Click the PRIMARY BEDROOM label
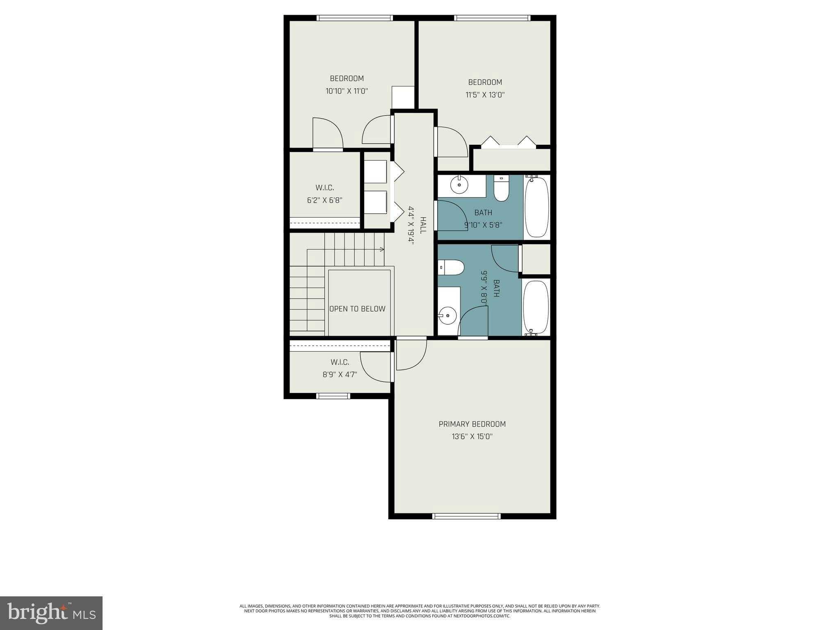pos(472,424)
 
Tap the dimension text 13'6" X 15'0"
pos(472,437)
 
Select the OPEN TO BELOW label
pos(357,309)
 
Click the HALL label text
pos(423,225)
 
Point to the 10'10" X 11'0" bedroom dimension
pos(347,91)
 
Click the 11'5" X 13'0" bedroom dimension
pos(485,95)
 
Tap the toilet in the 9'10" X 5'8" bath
pos(501,189)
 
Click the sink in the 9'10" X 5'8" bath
pos(459,185)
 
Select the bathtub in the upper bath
pos(537,207)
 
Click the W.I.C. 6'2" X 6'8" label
pos(324,194)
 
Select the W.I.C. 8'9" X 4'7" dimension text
pos(340,374)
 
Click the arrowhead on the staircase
pos(382,249)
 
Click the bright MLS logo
pos(51,613)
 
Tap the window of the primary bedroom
pos(467,516)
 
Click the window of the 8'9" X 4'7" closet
pos(333,396)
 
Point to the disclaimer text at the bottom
pos(420,611)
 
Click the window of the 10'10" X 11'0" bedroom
pos(355,18)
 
